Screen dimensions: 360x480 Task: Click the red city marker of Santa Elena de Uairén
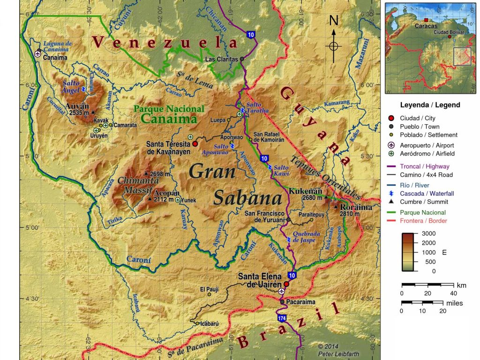point(286,284)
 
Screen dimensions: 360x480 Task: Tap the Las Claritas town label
point(222,59)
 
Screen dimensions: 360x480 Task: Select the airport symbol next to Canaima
point(37,53)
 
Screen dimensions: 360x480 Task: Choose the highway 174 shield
point(281,318)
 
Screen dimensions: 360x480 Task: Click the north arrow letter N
point(334,20)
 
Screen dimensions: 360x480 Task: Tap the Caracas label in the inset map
point(426,26)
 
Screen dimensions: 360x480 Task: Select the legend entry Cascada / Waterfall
point(427,193)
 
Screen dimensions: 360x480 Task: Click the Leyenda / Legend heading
point(430,105)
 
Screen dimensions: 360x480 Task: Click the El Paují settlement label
point(209,289)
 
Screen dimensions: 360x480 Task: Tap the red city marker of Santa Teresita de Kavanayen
point(195,144)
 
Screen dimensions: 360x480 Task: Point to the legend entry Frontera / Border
point(423,221)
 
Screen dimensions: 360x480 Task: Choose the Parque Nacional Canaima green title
point(169,114)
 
